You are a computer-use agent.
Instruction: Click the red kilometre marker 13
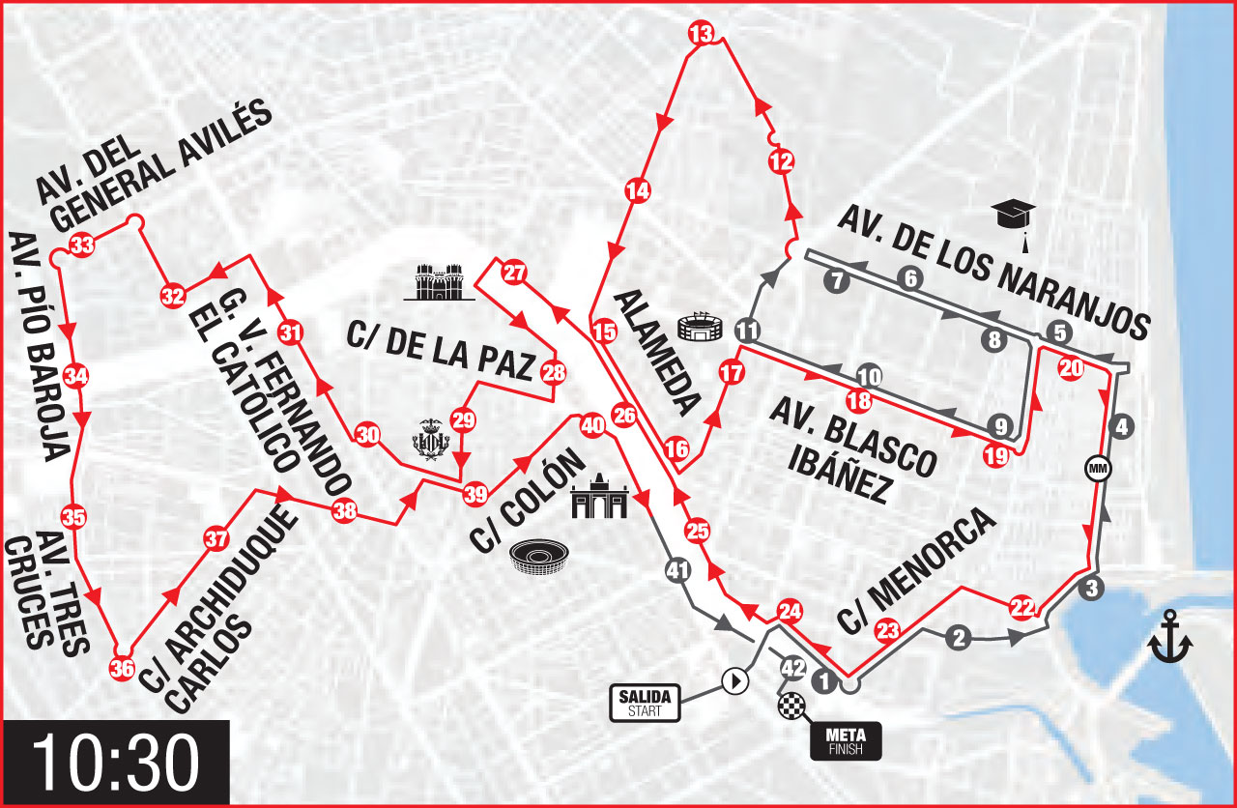[701, 35]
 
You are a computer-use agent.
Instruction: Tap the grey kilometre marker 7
[837, 281]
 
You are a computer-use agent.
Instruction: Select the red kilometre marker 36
[122, 668]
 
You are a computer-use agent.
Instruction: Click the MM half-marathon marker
[1099, 469]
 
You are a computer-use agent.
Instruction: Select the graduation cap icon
[1013, 214]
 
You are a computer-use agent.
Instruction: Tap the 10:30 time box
[115, 763]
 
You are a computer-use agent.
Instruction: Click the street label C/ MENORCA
[917, 570]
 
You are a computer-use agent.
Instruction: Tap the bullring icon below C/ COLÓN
[539, 558]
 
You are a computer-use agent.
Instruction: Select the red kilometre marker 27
[514, 273]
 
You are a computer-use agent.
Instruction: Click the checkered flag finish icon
[790, 707]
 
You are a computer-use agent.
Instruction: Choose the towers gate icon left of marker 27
[440, 281]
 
